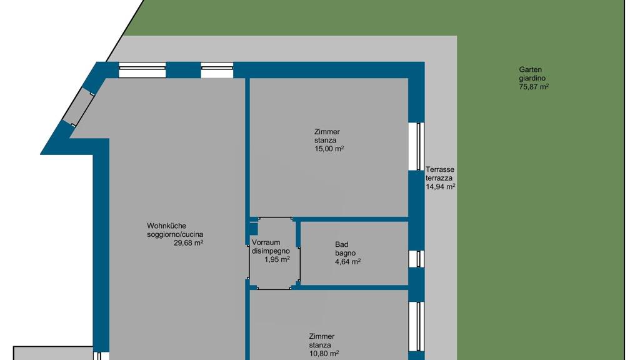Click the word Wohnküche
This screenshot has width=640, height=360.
click(x=166, y=226)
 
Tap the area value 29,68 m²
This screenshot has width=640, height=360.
click(x=189, y=243)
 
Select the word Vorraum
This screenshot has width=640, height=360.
click(x=266, y=242)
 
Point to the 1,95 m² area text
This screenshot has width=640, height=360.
click(x=277, y=259)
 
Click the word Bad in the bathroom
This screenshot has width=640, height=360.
click(x=342, y=244)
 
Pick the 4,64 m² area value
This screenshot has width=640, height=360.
click(x=347, y=262)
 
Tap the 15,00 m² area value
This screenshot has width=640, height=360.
click(x=329, y=149)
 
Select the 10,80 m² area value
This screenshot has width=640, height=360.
click(x=324, y=354)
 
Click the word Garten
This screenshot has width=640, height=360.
click(x=530, y=70)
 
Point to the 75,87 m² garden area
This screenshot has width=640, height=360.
click(x=534, y=87)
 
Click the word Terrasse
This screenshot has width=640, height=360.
click(x=440, y=169)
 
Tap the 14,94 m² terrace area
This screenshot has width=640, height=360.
click(x=441, y=186)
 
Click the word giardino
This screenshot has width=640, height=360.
click(x=532, y=78)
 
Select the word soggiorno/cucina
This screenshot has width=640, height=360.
click(x=175, y=235)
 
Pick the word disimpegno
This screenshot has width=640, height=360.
click(x=271, y=251)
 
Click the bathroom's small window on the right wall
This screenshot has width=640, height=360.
click(x=417, y=259)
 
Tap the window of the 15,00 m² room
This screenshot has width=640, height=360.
click(x=417, y=146)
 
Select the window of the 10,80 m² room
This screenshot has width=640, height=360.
click(x=417, y=326)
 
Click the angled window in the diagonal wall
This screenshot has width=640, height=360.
click(x=77, y=107)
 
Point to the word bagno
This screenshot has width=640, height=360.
click(x=345, y=253)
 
